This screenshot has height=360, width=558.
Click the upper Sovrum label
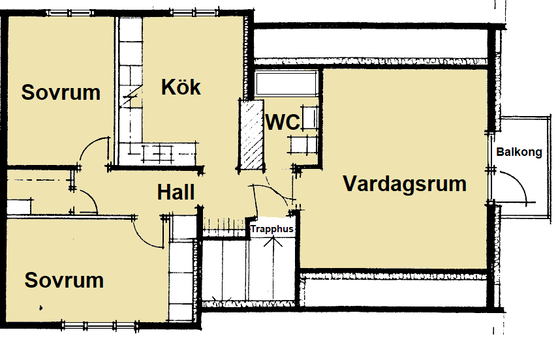point(61,93)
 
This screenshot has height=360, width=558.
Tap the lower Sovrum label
point(64,280)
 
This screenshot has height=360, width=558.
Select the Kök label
point(181,87)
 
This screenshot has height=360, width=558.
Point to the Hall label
point(176,192)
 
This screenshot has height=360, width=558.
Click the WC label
point(283,122)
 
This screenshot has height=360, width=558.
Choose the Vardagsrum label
point(405,183)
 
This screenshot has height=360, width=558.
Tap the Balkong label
point(519,152)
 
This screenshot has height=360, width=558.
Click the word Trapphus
point(272,229)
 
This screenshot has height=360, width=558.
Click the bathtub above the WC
point(287,83)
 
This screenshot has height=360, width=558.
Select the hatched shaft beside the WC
point(252,134)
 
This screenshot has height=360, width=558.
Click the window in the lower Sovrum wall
point(100,325)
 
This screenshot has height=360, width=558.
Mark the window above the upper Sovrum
point(70,13)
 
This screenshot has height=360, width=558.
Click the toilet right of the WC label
point(309,118)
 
